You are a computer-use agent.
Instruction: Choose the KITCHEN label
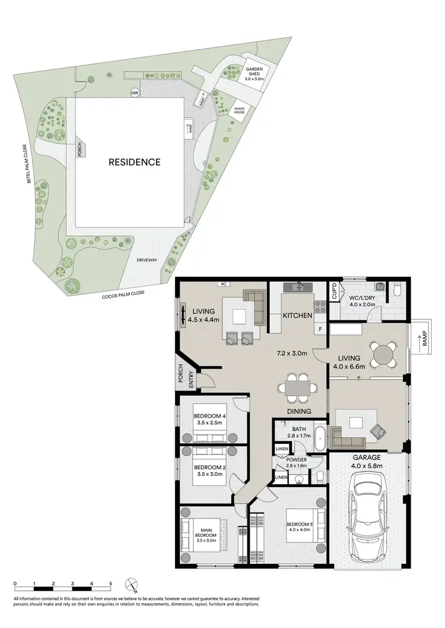pos(297,316)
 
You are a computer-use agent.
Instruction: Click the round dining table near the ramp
pos(384,355)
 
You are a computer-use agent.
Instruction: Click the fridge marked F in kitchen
pos(320,328)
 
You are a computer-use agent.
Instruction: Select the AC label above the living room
pos(224,284)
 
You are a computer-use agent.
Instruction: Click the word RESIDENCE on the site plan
pos(134,162)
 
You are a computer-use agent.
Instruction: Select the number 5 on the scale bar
pos(110,585)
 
